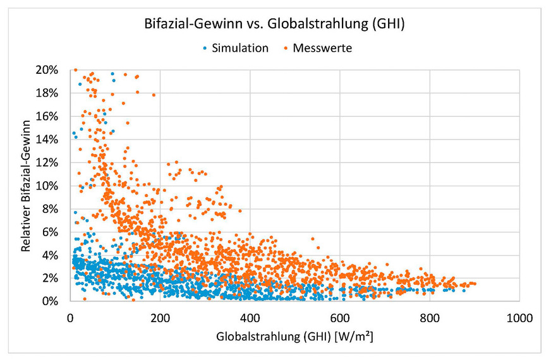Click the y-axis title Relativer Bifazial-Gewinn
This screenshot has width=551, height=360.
click(x=27, y=186)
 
